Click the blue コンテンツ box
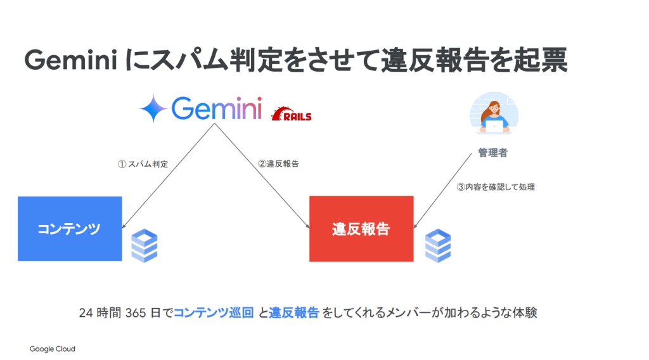[70, 229]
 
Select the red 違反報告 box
[361, 229]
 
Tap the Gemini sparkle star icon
[153, 108]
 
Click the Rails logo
[291, 115]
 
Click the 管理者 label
[492, 153]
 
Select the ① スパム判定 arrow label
[143, 164]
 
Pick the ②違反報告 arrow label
[278, 164]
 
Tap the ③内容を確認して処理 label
[496, 187]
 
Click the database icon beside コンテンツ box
[145, 246]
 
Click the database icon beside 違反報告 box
[437, 246]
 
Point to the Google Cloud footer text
[52, 349]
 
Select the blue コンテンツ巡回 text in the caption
[214, 313]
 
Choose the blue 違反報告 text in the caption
[293, 313]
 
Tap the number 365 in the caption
[136, 313]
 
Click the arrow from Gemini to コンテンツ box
[168, 176]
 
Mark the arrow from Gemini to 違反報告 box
[263, 176]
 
